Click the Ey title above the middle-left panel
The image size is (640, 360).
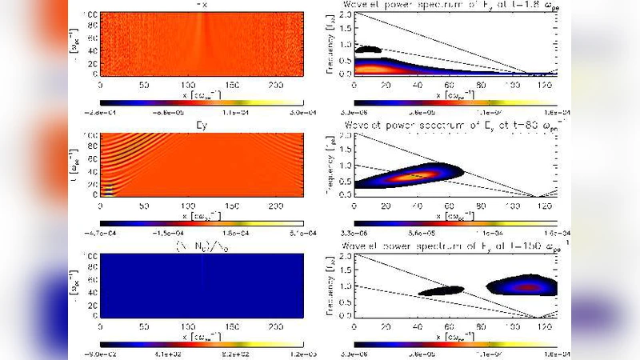pyautogui.click(x=201, y=126)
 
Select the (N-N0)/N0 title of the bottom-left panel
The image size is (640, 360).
pyautogui.click(x=201, y=246)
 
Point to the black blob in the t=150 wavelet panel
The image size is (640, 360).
pyautogui.click(x=441, y=291)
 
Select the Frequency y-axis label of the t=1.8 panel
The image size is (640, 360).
pyautogui.click(x=330, y=45)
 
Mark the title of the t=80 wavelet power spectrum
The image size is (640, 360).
pyautogui.click(x=454, y=126)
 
